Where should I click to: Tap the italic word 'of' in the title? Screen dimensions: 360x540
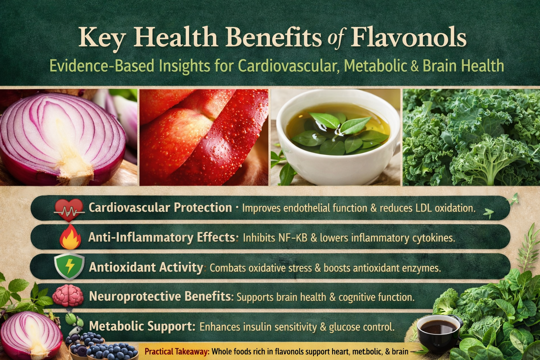point(336,38)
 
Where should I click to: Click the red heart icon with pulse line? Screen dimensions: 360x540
point(69,210)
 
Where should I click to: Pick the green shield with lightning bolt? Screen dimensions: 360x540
point(69,267)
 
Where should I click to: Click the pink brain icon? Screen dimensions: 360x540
point(68,296)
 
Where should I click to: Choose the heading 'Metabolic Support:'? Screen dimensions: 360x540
point(142,326)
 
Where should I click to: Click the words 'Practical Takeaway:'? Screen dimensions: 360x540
point(177,352)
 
